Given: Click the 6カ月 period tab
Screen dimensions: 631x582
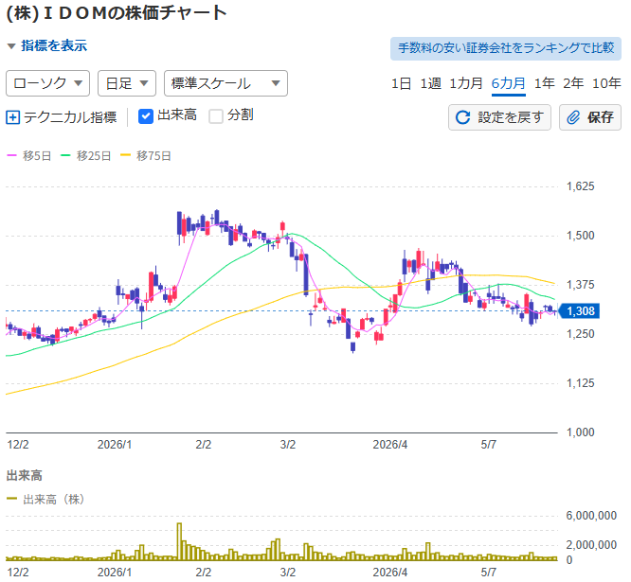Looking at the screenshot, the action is pos(508,83).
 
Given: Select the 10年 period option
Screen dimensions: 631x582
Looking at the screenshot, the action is pos(606,83).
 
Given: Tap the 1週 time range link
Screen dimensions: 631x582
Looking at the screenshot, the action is pos(430,83).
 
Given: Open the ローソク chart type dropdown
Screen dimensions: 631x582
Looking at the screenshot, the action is pos(48,83).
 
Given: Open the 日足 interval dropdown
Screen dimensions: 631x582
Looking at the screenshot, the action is pos(127,83).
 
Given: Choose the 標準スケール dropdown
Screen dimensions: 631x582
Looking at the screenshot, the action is pos(225,83).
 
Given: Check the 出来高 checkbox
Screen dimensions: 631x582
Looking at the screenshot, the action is pos(146,116).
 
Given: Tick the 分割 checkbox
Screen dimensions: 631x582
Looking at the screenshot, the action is pos(216,116).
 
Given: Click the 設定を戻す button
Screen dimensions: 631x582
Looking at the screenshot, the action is pos(499,117).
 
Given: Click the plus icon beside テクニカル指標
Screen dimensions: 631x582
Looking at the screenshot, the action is pos(13,117).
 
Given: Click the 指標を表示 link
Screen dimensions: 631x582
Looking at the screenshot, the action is pos(54,45).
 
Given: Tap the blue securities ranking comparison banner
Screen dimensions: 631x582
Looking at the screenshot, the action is pos(506,48).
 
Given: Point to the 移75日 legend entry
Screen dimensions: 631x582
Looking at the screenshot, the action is pos(146,155).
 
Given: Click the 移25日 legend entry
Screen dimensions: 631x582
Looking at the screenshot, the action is pos(85,155).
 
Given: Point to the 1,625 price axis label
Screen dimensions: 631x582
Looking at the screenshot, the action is pos(580,186).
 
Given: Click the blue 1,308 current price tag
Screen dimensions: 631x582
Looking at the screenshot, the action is pos(580,311).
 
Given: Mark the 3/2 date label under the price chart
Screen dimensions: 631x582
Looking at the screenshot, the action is pos(288,445).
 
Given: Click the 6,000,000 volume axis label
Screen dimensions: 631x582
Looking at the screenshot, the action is pos(591,516).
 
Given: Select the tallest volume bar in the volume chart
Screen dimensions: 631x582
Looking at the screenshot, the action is pos(179,541).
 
